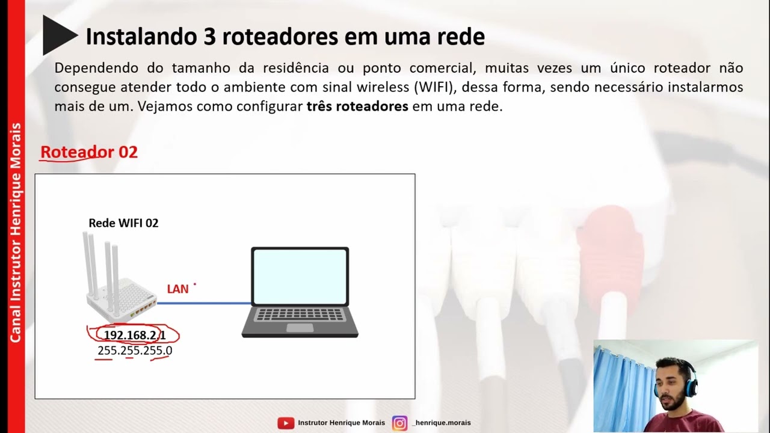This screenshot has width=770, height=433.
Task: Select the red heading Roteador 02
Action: pyautogui.click(x=89, y=152)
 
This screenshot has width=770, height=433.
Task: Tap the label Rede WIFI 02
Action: pyautogui.click(x=123, y=223)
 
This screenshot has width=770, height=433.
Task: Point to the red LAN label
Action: pyautogui.click(x=177, y=289)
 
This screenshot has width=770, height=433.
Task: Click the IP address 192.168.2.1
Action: pyautogui.click(x=134, y=335)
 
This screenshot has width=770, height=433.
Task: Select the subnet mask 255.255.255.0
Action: pyautogui.click(x=135, y=351)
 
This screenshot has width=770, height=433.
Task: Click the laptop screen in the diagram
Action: pyautogui.click(x=300, y=277)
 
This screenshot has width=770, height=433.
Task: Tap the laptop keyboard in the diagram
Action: pyautogui.click(x=300, y=315)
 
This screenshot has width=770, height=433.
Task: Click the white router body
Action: pyautogui.click(x=120, y=301)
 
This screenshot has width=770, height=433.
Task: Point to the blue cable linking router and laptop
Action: pyautogui.click(x=205, y=303)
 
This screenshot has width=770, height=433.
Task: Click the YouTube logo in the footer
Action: pyautogui.click(x=285, y=423)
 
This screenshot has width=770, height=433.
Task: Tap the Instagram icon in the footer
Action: pyautogui.click(x=399, y=423)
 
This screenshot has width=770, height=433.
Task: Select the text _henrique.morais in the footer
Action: pyautogui.click(x=442, y=423)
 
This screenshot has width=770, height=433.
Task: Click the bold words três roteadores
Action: pyautogui.click(x=357, y=107)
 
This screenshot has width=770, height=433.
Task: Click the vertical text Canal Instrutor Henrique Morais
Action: pyautogui.click(x=16, y=232)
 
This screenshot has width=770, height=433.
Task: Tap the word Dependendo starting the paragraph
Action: pyautogui.click(x=96, y=68)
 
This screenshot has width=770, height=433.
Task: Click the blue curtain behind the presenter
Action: pyautogui.click(x=620, y=385)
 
